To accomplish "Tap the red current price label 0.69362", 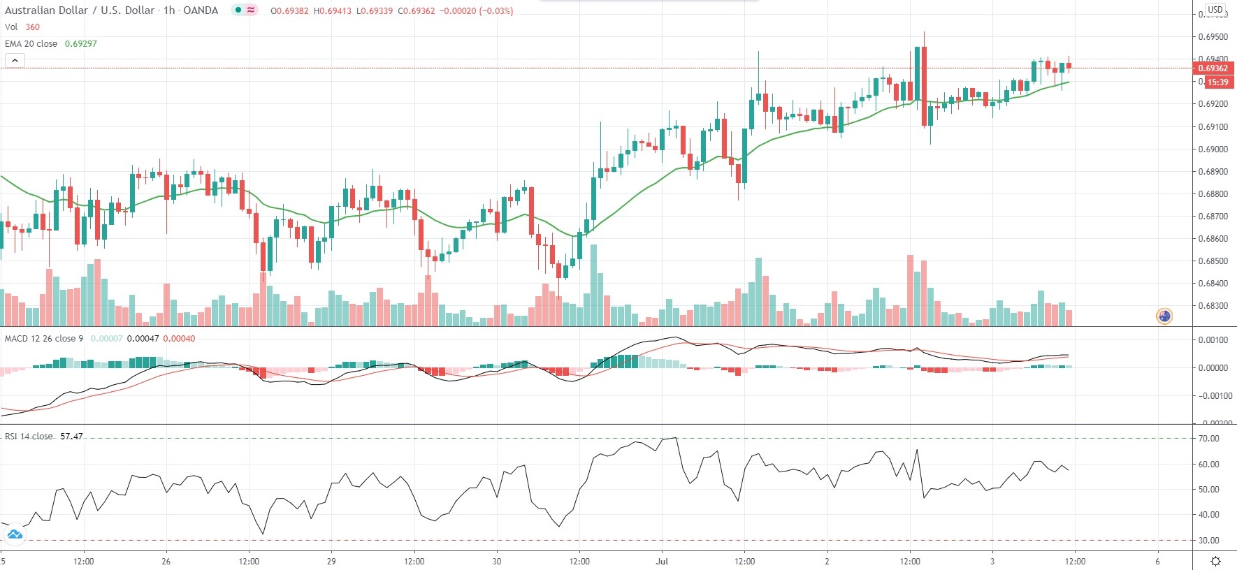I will (x=1213, y=68).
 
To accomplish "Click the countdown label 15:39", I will (x=1217, y=82).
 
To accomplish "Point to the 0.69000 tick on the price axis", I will (x=1213, y=149).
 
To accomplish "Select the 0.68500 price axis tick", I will (x=1213, y=261).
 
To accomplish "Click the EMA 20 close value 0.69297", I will (x=80, y=43).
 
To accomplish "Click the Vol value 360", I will (x=33, y=27).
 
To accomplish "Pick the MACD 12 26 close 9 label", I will (x=44, y=339).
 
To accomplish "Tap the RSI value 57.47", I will (x=71, y=437).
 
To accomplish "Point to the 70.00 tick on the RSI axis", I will (x=1209, y=439).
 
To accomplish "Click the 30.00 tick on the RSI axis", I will (x=1209, y=541).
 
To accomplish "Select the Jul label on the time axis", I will (x=662, y=562).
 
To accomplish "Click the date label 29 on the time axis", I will (x=331, y=562).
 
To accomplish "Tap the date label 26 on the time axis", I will (x=166, y=562).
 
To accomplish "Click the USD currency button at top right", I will (x=1215, y=10).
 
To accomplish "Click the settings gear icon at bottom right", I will (x=1215, y=562).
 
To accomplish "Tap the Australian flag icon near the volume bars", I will (x=1164, y=316).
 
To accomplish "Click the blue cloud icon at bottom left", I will (x=15, y=535).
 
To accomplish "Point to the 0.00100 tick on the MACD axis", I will (x=1213, y=340).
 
